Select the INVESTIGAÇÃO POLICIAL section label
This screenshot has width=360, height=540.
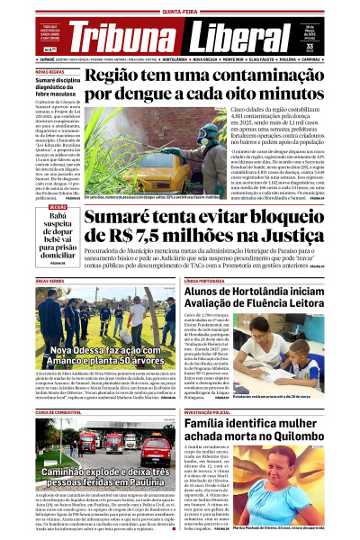coord(214,411)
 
